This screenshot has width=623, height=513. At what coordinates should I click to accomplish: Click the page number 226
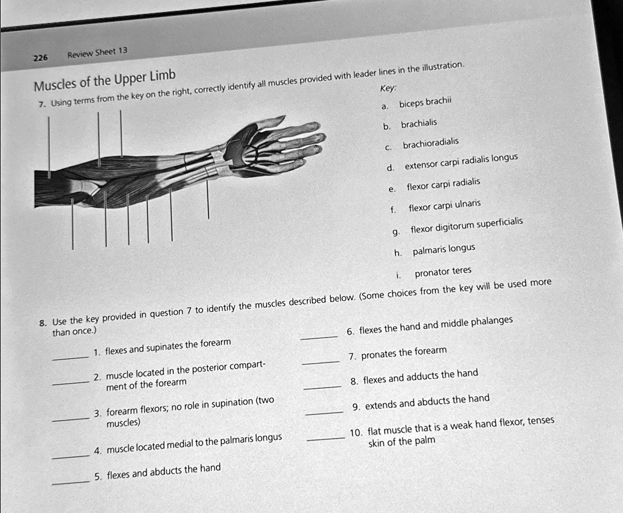pyautogui.click(x=40, y=58)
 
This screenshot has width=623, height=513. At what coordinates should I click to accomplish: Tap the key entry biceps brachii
pyautogui.click(x=424, y=103)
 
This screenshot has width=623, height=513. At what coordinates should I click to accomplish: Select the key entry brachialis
pyautogui.click(x=419, y=124)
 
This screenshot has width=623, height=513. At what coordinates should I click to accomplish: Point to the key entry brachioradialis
pyautogui.click(x=430, y=144)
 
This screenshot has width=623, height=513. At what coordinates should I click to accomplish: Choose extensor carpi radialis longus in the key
pyautogui.click(x=461, y=162)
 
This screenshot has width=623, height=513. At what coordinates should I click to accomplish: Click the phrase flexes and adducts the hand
pyautogui.click(x=420, y=376)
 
